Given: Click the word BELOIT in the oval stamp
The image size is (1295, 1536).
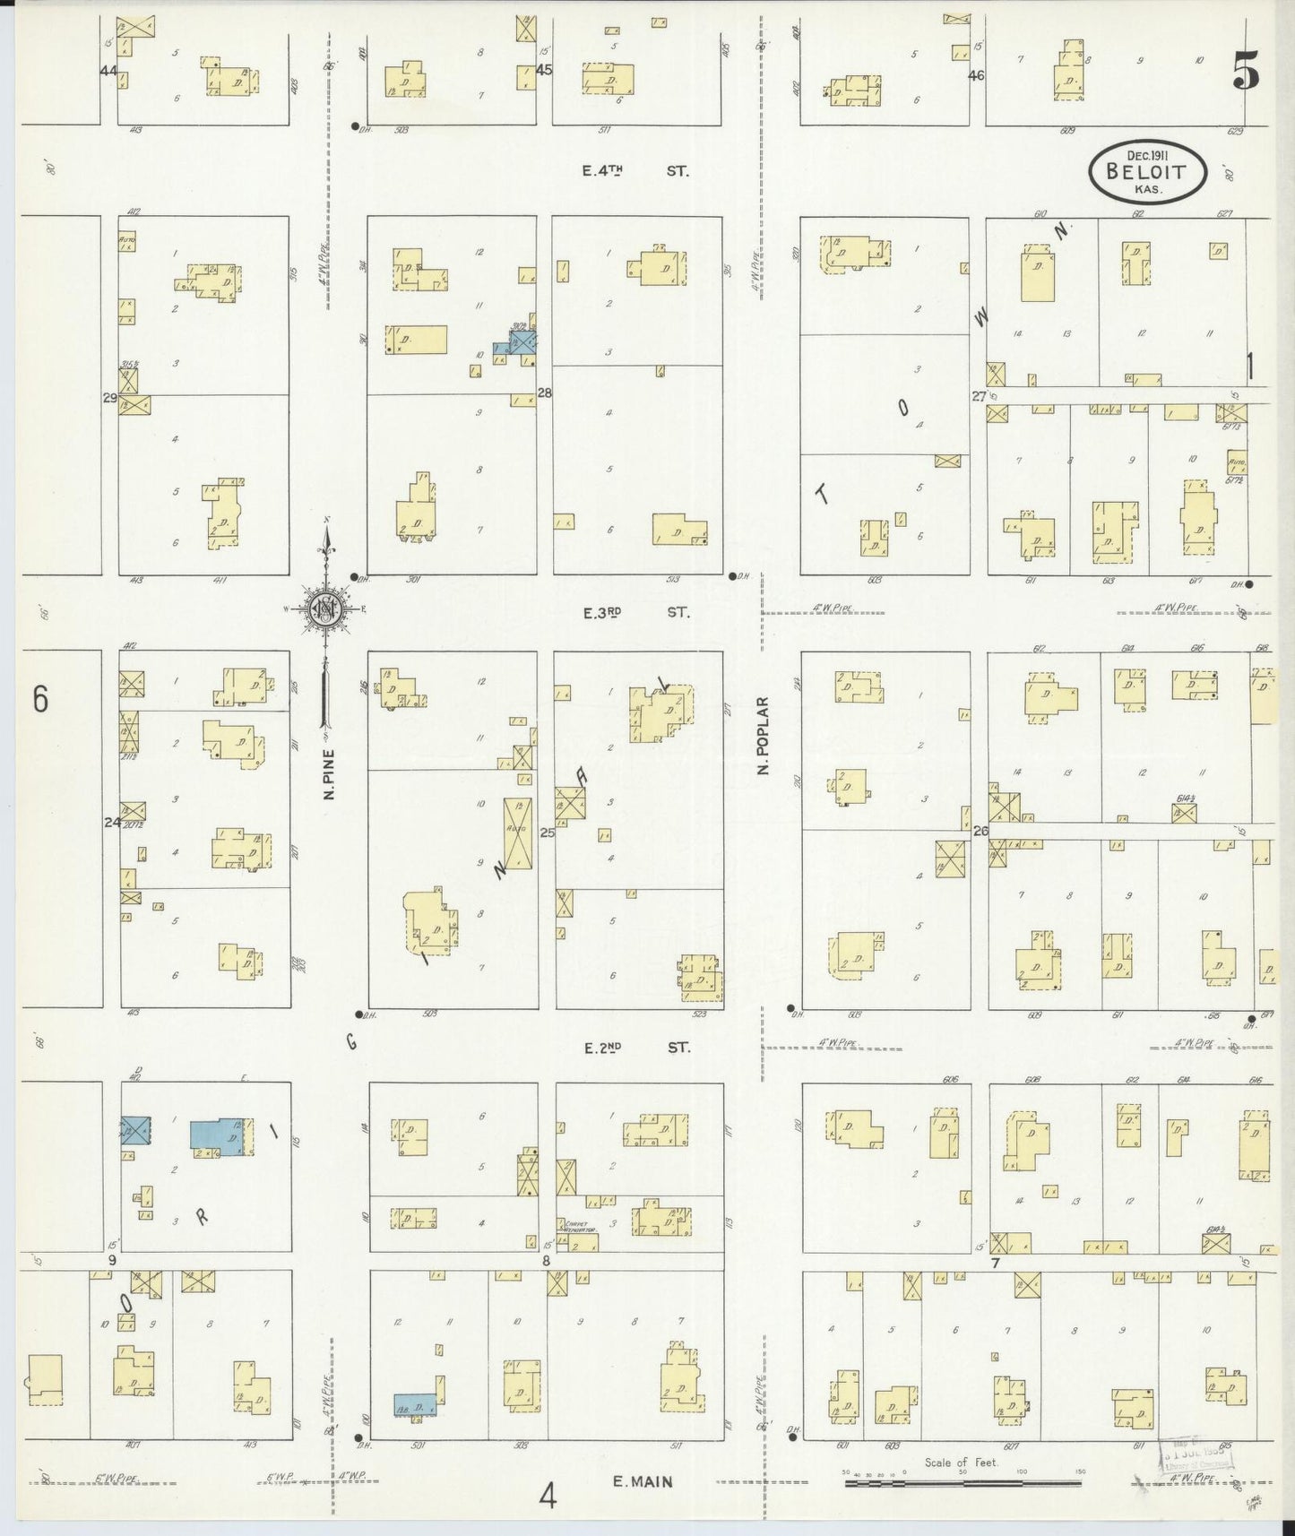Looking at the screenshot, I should tap(1148, 172).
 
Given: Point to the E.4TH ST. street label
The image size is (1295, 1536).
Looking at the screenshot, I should tap(635, 170).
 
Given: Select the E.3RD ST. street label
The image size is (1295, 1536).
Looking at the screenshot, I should tap(635, 613).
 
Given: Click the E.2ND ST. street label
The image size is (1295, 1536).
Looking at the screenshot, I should tap(635, 1046).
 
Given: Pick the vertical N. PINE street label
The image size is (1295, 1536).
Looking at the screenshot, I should tap(329, 773).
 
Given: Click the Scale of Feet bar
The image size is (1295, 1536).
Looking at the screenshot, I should tap(963, 1483).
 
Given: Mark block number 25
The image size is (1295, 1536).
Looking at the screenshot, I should tap(547, 833).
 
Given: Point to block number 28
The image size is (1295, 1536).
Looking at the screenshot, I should tap(544, 393).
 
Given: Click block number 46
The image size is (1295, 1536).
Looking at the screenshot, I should tap(976, 76).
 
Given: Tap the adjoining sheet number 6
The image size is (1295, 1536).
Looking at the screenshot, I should tap(39, 699).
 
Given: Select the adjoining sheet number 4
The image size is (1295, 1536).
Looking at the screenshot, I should tap(548, 1495).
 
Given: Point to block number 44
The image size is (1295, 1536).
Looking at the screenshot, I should tap(109, 70).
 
